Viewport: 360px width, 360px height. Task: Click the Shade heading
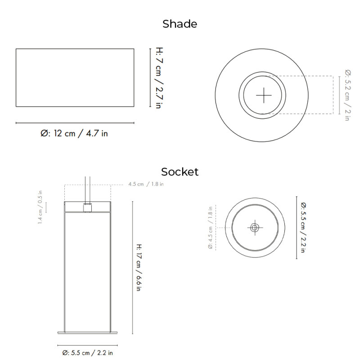tap(180, 24)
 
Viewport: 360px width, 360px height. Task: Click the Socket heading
tap(180, 171)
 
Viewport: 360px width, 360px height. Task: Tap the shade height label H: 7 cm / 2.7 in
tap(158, 78)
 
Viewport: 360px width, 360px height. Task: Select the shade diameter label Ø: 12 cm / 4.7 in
tap(75, 133)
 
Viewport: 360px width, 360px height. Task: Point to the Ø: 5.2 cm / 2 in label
tap(347, 95)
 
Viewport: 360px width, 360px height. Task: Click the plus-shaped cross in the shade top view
tap(264, 95)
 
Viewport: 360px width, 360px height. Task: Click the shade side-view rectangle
tap(75, 77)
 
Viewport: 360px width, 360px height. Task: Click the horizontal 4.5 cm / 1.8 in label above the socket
tap(146, 184)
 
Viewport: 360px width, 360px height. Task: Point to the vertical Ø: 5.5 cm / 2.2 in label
tap(303, 227)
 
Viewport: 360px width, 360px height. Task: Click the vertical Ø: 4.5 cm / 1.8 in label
tap(210, 227)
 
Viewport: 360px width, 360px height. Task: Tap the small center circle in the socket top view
tap(255, 228)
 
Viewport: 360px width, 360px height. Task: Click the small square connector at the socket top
tap(88, 208)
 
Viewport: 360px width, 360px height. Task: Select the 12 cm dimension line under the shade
tap(75, 122)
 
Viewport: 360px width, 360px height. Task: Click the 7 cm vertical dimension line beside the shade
tap(150, 78)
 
